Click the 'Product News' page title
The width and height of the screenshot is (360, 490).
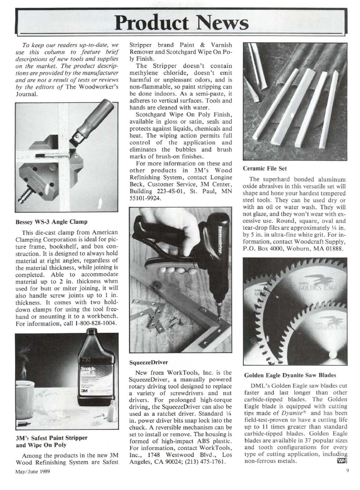(180, 20)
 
